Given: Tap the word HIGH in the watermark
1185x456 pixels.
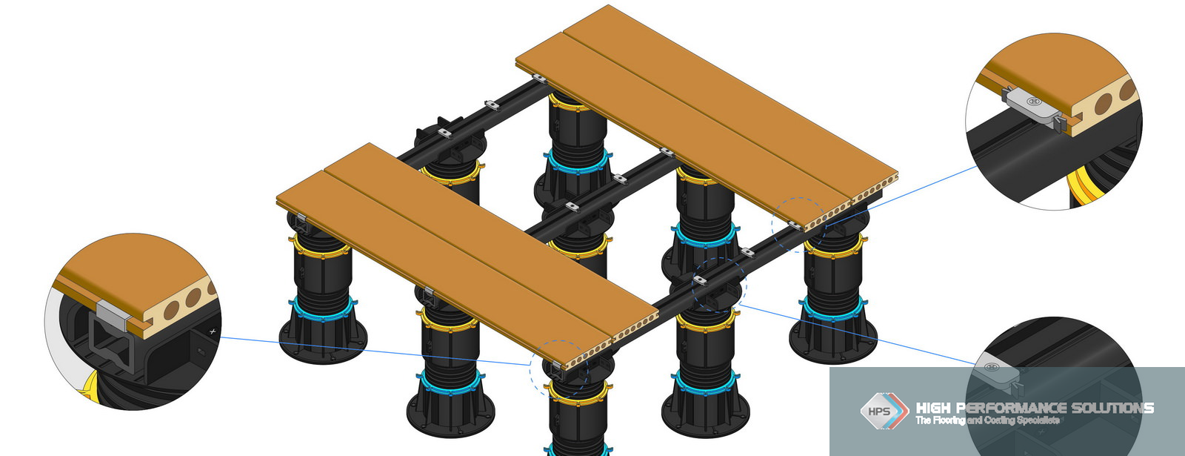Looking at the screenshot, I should coord(933,408).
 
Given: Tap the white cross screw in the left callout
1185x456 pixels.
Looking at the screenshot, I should coord(213,331).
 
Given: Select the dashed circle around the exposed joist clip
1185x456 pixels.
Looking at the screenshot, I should coord(718,285).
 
